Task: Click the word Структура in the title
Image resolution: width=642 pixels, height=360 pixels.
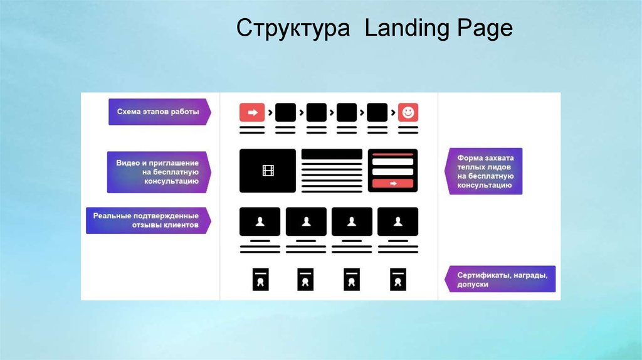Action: click(293, 29)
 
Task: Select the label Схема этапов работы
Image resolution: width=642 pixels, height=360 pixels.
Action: click(158, 112)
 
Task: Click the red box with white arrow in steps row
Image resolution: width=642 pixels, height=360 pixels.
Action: click(252, 112)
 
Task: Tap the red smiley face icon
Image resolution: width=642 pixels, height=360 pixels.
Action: click(408, 112)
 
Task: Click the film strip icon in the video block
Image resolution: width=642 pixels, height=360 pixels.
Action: click(268, 170)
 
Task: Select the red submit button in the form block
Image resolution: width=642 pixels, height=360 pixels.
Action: click(392, 183)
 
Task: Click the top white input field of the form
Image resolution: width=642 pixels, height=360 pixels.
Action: click(392, 162)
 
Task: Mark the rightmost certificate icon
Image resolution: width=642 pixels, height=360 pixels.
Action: click(397, 279)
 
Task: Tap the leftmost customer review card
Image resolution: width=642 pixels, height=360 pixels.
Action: click(260, 221)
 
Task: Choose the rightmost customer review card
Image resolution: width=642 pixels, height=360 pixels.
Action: click(397, 221)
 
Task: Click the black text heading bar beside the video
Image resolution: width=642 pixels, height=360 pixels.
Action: click(332, 154)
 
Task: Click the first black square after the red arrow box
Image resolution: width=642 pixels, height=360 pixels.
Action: click(285, 112)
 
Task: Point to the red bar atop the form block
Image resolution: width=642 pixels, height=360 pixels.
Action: click(392, 152)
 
